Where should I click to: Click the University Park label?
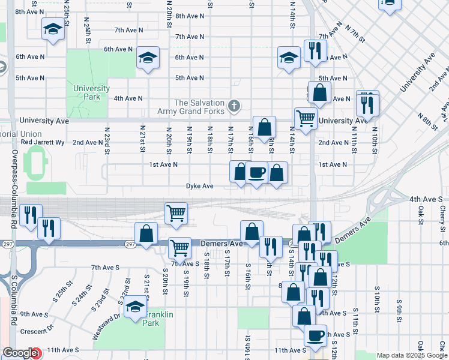91,92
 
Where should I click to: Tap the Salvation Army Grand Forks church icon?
235,107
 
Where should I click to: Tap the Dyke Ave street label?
199,186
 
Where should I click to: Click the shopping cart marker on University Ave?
306,119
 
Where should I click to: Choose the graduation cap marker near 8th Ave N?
53,29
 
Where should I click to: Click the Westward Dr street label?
98,325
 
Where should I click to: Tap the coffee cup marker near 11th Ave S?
315,336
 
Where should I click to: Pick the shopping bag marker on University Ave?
264,127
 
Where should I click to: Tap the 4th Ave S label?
426,199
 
